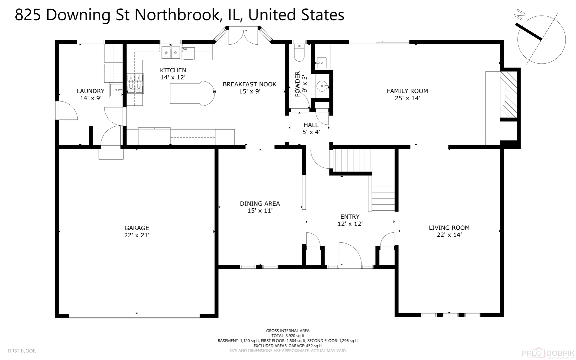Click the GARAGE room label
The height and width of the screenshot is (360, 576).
pos(137,228)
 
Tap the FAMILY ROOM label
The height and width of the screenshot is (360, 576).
pos(407,91)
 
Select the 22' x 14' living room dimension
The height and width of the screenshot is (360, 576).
pos(449,235)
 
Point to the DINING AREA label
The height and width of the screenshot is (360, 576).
pos(260,204)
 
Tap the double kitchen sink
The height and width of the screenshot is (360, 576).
pos(171,53)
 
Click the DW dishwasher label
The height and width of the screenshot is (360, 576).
pos(185,49)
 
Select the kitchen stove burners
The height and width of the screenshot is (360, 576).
pos(135,83)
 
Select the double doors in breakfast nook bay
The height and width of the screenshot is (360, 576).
pos(243,37)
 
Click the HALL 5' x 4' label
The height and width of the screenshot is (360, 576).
pos(311,128)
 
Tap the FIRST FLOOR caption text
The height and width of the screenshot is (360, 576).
pos(22,351)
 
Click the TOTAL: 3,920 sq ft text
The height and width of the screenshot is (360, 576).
pos(288,336)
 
